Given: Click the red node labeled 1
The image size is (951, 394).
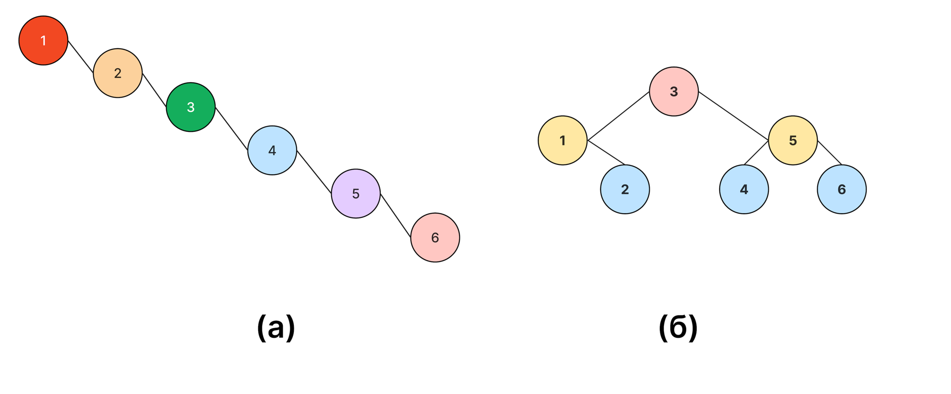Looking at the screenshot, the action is [x=43, y=40].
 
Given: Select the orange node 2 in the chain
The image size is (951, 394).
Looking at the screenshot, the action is [x=117, y=73].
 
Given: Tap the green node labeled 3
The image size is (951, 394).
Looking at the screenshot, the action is [x=190, y=107].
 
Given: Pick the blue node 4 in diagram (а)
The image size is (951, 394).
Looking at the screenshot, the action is [x=272, y=150].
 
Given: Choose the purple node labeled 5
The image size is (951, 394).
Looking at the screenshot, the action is [x=356, y=193].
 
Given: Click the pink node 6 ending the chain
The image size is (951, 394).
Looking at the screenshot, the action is [x=435, y=237].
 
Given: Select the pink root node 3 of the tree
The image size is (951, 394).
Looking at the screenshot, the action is [x=674, y=92].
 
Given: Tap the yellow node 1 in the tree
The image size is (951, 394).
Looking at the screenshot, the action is [x=562, y=140].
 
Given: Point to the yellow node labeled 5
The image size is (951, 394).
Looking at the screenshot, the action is [x=793, y=140].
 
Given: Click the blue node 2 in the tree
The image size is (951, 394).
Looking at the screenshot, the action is [x=625, y=189].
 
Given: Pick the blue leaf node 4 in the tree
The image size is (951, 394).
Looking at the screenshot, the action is [x=744, y=189].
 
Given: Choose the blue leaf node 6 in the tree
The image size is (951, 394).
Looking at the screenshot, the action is [x=841, y=189].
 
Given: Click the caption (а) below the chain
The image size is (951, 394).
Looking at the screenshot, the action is [x=276, y=328].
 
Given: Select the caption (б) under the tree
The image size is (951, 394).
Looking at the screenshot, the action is [x=678, y=328].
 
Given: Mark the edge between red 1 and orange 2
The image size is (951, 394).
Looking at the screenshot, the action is [x=81, y=57].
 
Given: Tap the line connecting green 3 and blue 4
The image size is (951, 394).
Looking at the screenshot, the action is [x=232, y=129].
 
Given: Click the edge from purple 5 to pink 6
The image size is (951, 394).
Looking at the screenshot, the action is [x=396, y=216].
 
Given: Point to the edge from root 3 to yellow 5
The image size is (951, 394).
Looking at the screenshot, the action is [x=734, y=116].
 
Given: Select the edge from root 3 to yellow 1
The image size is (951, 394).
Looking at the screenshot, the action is [x=619, y=116].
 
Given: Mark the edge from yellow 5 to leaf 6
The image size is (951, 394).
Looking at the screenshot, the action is [x=829, y=152].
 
